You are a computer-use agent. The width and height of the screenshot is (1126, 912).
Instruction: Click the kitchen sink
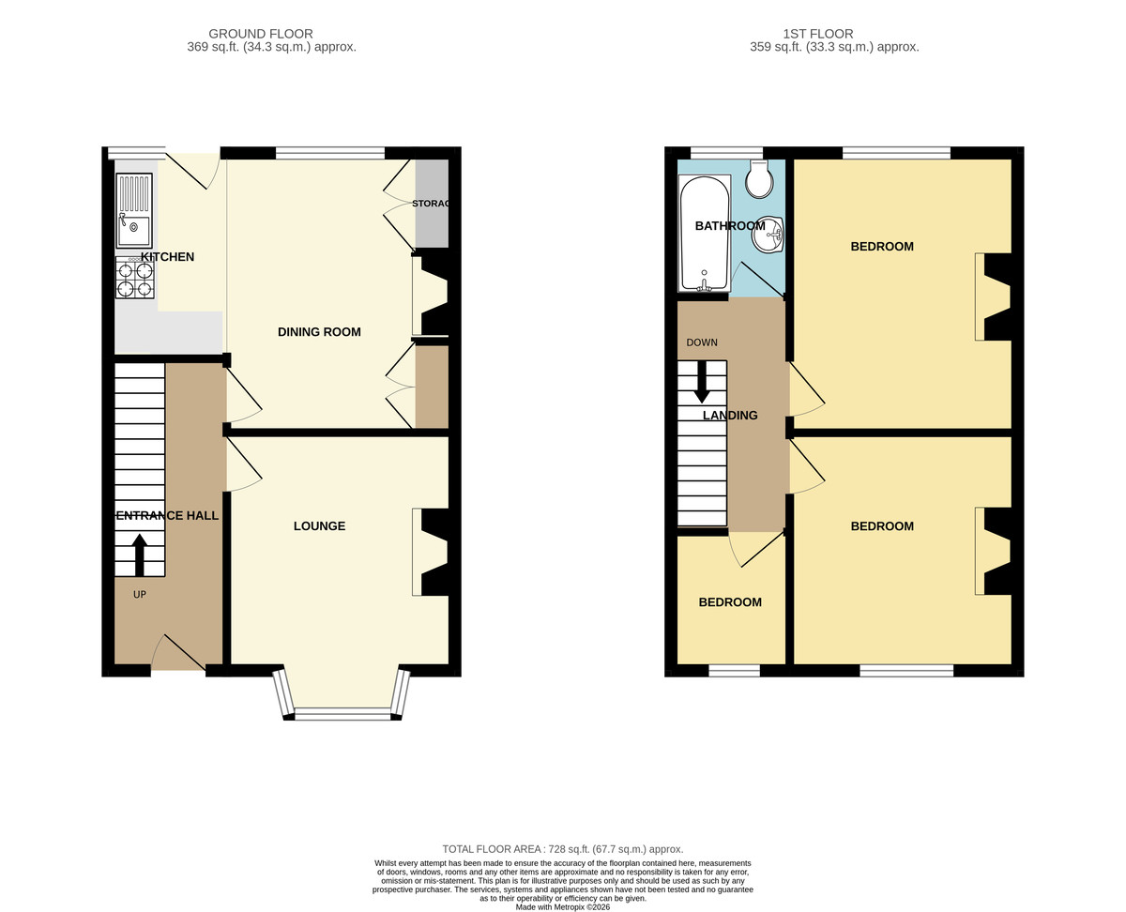click(x=134, y=210)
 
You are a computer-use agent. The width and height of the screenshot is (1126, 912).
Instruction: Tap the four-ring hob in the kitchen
click(x=135, y=278)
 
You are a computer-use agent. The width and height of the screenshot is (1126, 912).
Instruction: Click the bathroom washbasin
click(x=768, y=235)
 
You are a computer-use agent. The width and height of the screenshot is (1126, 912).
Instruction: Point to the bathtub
click(x=704, y=233)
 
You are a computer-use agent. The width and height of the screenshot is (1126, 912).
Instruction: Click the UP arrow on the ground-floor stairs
click(x=140, y=555)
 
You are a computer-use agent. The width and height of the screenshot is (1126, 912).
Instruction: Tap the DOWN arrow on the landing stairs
click(x=702, y=382)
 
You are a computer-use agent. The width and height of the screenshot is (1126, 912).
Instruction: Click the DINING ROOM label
click(x=319, y=332)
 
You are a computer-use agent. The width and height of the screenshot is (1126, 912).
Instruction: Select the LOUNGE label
click(x=319, y=526)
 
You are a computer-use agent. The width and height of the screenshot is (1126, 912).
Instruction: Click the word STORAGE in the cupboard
click(x=431, y=204)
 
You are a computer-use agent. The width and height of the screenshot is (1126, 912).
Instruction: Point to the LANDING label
click(x=730, y=416)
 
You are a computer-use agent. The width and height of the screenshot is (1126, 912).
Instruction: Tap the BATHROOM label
click(x=730, y=226)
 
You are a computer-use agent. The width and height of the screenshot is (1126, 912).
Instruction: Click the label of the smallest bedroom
click(x=730, y=602)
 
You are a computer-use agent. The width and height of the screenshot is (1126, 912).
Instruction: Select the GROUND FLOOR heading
click(x=261, y=34)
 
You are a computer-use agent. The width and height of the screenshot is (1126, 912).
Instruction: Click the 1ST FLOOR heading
click(x=818, y=34)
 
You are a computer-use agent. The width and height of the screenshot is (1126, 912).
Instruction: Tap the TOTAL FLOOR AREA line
click(x=562, y=849)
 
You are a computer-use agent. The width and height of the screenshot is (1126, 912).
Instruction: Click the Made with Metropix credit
click(x=562, y=907)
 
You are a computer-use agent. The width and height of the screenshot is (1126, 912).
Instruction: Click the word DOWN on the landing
click(x=702, y=342)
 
